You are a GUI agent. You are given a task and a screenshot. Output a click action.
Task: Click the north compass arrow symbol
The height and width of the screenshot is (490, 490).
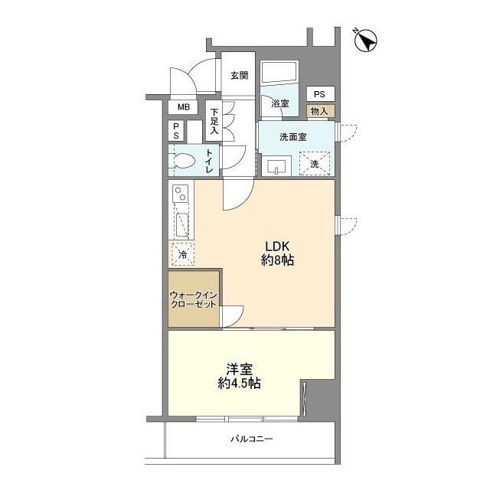[x=366, y=41]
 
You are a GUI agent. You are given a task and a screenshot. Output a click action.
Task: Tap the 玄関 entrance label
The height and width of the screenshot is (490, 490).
[x=240, y=75]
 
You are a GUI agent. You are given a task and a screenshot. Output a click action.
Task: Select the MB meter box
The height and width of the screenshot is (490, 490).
[x=184, y=107]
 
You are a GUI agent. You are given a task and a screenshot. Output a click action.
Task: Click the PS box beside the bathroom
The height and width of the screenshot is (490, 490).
[x=320, y=93]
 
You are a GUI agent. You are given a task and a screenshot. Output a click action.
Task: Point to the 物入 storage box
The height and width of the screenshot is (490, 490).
[x=320, y=111]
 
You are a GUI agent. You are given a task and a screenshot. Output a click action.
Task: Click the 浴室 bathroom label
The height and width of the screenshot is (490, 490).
[x=279, y=103]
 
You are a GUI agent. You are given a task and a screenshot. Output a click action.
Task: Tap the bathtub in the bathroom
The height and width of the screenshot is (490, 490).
[x=279, y=73]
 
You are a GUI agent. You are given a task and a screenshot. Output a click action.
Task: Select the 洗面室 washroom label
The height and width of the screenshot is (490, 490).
[x=293, y=136]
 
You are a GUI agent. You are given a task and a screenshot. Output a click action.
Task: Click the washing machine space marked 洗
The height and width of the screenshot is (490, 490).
[x=315, y=163]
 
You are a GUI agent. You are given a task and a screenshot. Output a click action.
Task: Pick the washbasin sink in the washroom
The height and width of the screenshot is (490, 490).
[x=276, y=166]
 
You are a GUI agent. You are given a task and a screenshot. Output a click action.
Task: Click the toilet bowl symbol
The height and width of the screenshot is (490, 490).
[x=183, y=161]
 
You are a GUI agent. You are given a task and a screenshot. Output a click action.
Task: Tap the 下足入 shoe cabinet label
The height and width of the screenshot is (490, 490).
[x=214, y=121]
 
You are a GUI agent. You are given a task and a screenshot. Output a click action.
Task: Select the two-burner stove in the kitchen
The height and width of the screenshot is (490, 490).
[x=181, y=194]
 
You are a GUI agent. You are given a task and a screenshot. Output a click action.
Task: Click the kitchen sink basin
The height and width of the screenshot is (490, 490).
[x=182, y=224]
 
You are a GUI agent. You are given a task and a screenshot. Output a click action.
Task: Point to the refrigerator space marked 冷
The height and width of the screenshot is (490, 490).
[x=183, y=254]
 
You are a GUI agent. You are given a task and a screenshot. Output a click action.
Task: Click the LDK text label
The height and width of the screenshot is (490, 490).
[x=277, y=247]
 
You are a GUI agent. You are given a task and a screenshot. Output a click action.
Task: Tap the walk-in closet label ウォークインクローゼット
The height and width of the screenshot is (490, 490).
[x=194, y=299]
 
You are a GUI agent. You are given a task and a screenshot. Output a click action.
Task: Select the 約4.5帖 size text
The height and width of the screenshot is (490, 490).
[x=240, y=383]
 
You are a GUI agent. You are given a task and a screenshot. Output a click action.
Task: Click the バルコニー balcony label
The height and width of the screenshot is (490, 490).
[x=252, y=439]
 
